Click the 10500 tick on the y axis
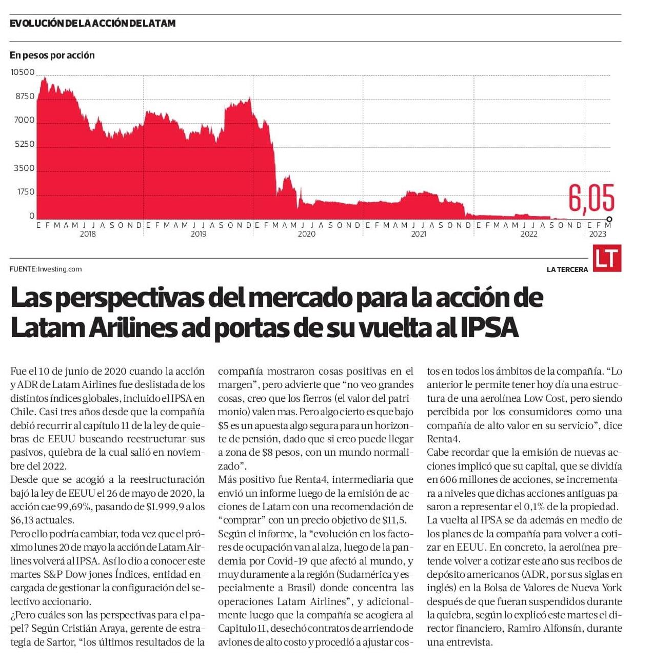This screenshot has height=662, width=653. pos(23,72)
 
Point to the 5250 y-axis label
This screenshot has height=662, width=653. pos(25,144)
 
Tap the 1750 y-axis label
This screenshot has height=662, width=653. pos(26,192)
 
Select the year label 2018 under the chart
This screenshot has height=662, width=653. pos(88,234)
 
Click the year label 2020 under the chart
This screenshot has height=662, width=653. pos(306,234)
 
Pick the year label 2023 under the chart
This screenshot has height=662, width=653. pos(598,234)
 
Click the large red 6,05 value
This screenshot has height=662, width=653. pos(591,198)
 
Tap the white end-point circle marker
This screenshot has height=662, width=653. pos(609,219)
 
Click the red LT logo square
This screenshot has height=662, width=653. pos(607,258)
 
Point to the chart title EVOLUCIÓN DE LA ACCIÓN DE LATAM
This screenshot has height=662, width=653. pos(93,24)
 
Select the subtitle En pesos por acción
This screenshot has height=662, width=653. pos(52,55)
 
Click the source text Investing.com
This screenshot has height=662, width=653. pos(60,269)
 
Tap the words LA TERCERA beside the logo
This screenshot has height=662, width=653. pos(567,270)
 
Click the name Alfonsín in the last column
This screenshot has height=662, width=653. pos(562,628)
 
